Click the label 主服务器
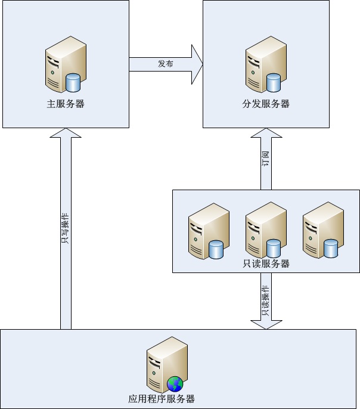[66, 104]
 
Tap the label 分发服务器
[266, 104]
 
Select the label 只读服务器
[266, 264]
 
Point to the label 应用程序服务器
[162, 399]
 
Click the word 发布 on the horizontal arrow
[166, 64]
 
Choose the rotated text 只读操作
[266, 300]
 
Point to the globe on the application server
[175, 383]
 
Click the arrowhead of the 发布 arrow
[197, 64]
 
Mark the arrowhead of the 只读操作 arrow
[266, 324]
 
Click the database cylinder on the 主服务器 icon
[73, 82]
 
